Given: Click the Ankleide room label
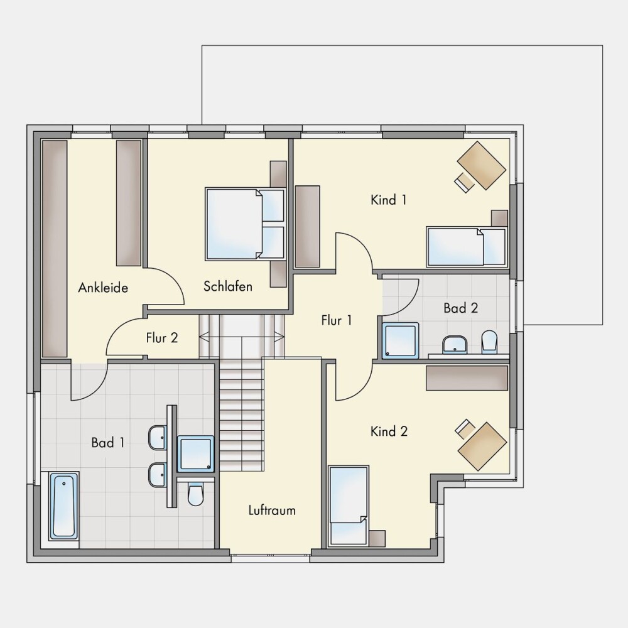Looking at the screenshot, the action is coord(103,288).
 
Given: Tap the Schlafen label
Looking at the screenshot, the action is coord(228,286).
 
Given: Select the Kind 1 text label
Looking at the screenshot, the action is coord(389,200).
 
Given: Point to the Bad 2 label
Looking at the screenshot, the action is coord(460,308).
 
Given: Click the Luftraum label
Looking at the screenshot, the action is coord(272,510).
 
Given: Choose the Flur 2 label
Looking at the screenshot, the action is coord(162,338).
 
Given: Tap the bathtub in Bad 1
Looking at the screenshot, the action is coord(63,506).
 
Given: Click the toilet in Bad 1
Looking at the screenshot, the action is coord(195,494).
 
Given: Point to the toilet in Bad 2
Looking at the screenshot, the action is coord(489,342).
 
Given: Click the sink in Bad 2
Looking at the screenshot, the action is coord(455,345).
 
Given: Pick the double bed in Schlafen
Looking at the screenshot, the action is coord(245,224).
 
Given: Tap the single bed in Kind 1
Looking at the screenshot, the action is coord(467,246).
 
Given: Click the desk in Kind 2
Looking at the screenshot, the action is coord(482,446).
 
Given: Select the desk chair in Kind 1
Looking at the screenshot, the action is coord(464,183).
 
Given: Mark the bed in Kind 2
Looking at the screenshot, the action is coord(348,506).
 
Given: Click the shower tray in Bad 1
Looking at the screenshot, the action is coord(195,453).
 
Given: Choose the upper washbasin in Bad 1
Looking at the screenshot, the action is coord(158,438).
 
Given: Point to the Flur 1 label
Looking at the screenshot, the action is coord(337,320).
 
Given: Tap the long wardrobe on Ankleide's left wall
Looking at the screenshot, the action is coord(55,248).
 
